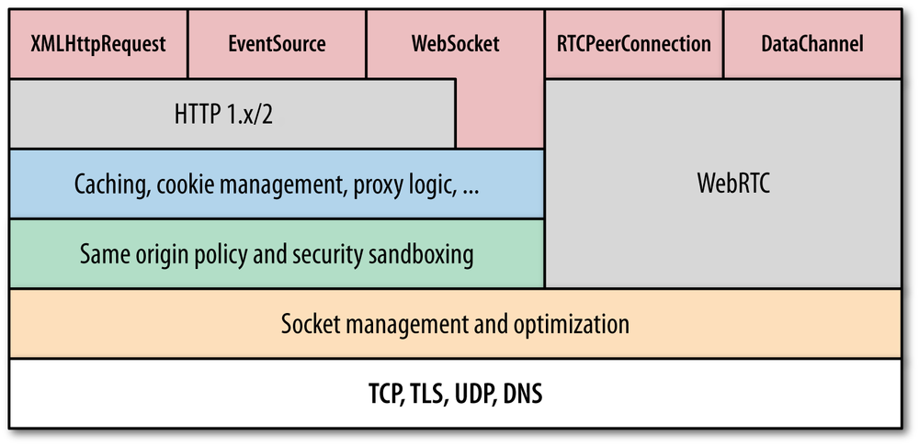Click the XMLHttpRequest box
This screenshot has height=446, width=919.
pyautogui.click(x=98, y=44)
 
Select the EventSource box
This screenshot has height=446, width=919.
pyautogui.click(x=277, y=44)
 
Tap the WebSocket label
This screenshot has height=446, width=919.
pyautogui.click(x=455, y=44)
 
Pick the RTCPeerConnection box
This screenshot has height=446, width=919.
pyautogui.click(x=634, y=44)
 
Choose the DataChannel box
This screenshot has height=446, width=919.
pyautogui.click(x=812, y=44)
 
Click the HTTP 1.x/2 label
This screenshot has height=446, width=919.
pyautogui.click(x=232, y=114)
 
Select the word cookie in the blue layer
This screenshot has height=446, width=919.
pyautogui.click(x=186, y=184)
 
